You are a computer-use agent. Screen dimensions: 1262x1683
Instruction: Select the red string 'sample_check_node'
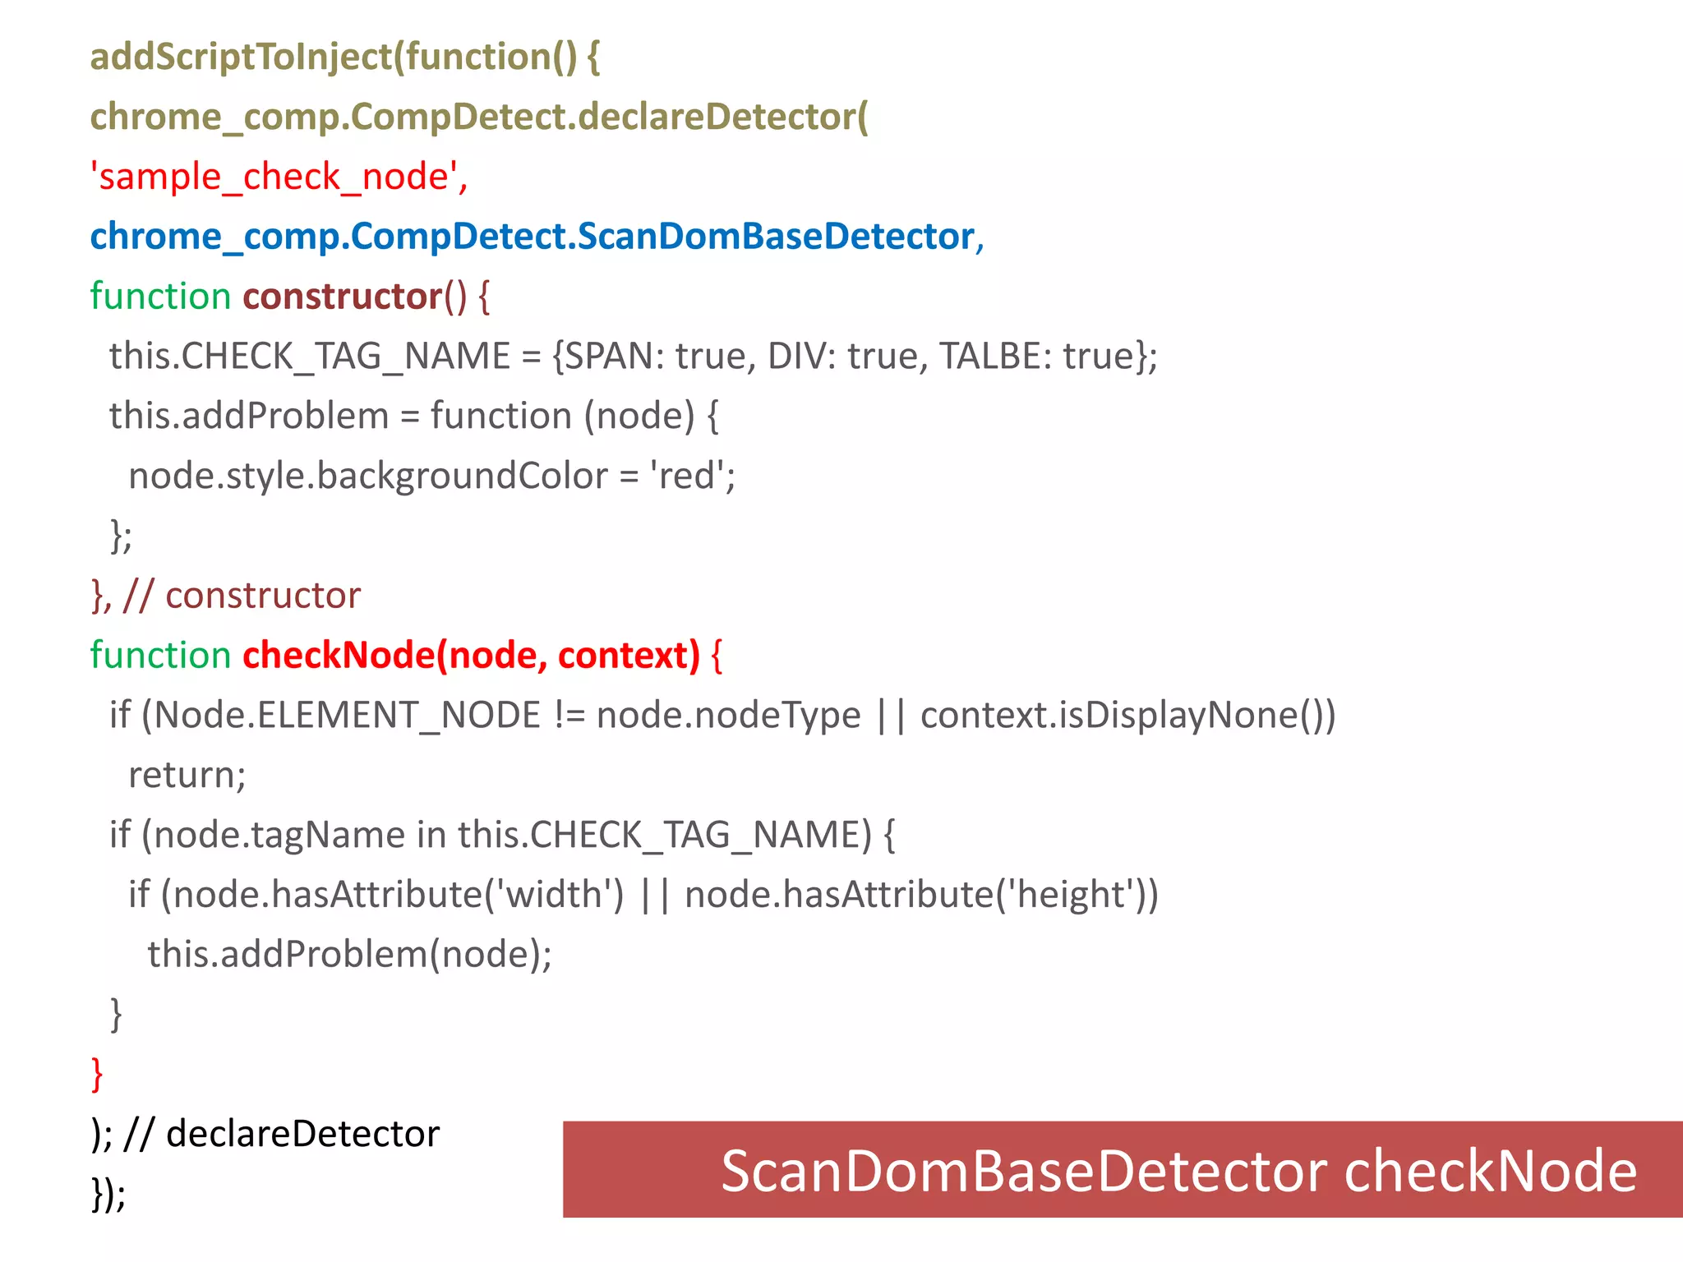[x=279, y=177]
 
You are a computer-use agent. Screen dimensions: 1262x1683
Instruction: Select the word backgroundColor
[x=463, y=477]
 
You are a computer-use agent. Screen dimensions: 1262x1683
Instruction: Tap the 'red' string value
[x=688, y=477]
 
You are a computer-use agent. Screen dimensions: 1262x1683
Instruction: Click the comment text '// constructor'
[x=242, y=596]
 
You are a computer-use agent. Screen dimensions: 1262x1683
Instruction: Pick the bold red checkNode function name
[x=338, y=656]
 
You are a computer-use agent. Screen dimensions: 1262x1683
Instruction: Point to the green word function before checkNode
[x=160, y=656]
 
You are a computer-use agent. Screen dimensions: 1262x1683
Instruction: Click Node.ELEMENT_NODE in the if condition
[x=346, y=716]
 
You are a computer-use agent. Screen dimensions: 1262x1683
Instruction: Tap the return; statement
[x=187, y=776]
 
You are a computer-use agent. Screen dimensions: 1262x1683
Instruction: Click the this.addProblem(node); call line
[x=349, y=955]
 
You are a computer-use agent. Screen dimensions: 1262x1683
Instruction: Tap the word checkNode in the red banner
[x=1490, y=1171]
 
